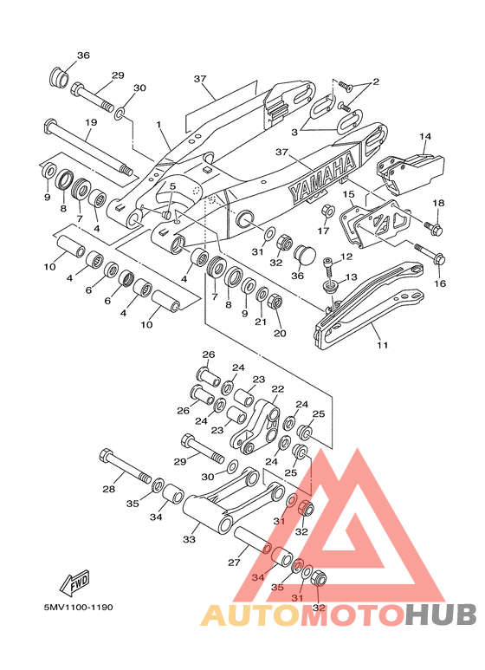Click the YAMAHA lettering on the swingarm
pyautogui.click(x=323, y=176)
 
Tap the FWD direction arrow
pyautogui.click(x=74, y=582)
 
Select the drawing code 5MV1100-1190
pyautogui.click(x=78, y=608)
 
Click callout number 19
pyautogui.click(x=91, y=122)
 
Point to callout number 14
pyautogui.click(x=425, y=137)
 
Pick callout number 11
pyautogui.click(x=382, y=344)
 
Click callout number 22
pyautogui.click(x=277, y=389)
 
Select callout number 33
pyautogui.click(x=189, y=539)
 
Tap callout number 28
pyautogui.click(x=108, y=489)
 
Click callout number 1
pyautogui.click(x=158, y=124)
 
